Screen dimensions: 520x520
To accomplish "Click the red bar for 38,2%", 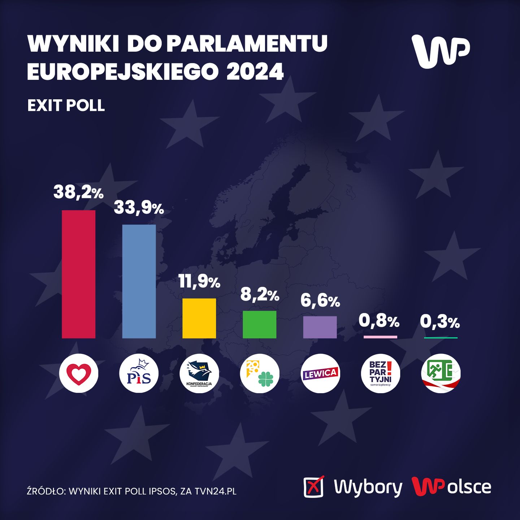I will click(x=79, y=274).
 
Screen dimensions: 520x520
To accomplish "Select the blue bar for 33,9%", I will click(x=139, y=281).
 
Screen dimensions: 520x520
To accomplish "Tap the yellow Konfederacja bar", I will click(x=199, y=318).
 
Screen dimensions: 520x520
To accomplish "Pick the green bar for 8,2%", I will click(x=259, y=324).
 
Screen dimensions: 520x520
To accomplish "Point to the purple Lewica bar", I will click(x=320, y=327).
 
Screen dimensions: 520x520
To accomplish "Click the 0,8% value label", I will click(x=379, y=321).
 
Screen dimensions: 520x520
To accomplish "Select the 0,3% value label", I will click(x=440, y=322).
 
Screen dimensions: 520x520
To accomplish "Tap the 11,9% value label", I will click(x=199, y=282).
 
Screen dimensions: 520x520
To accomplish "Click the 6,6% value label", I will click(x=320, y=301).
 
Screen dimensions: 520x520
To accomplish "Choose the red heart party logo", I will click(x=79, y=373).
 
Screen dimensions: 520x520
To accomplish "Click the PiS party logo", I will click(x=139, y=373).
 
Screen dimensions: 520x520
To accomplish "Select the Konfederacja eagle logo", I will click(x=199, y=373).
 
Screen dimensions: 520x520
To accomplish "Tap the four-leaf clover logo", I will click(x=259, y=373).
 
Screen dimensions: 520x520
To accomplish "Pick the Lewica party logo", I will click(x=320, y=373).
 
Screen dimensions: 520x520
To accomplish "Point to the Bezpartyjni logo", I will click(x=381, y=373).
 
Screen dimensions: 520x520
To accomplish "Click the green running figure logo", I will click(x=441, y=373).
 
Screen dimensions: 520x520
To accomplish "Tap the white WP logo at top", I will click(x=441, y=51).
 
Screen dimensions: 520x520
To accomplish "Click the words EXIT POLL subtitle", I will click(x=66, y=105).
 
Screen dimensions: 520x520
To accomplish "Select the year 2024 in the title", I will click(x=255, y=71).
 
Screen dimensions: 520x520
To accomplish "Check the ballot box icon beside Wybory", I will click(x=313, y=487).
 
